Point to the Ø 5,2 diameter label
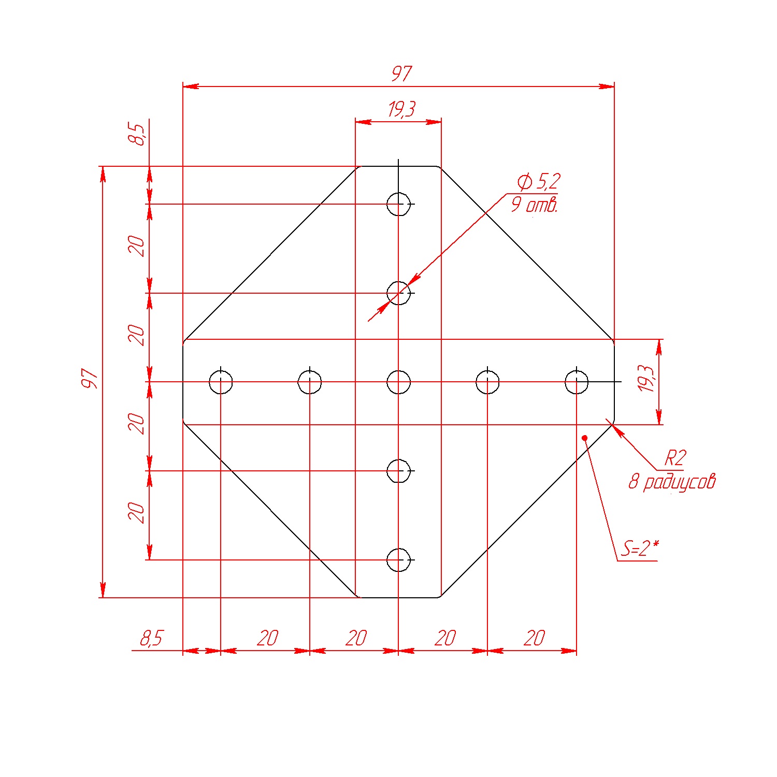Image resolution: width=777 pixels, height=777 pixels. (539, 182)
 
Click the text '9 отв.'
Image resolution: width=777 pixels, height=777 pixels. (535, 205)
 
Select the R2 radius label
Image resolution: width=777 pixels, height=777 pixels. (675, 458)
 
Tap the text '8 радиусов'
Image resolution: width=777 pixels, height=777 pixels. (672, 482)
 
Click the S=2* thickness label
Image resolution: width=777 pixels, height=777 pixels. (641, 548)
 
